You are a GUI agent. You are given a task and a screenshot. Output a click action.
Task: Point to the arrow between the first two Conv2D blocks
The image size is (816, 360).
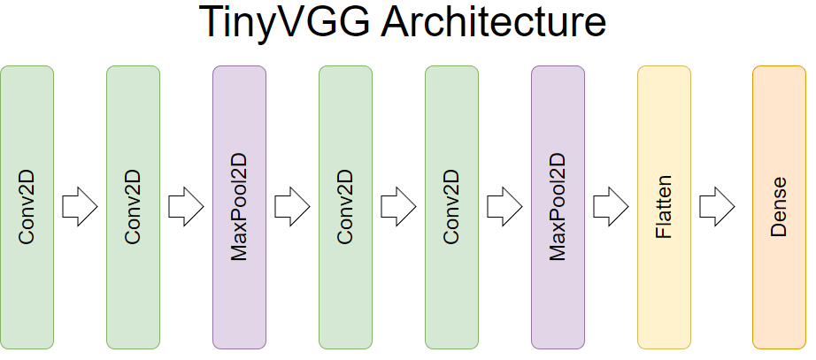coord(80,207)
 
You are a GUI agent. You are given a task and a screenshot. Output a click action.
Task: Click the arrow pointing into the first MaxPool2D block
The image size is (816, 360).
coord(186,207)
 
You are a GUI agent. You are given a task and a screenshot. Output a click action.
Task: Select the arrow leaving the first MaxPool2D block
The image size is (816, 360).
coord(292,207)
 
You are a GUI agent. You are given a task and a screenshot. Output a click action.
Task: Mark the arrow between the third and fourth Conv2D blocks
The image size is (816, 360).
coord(398,207)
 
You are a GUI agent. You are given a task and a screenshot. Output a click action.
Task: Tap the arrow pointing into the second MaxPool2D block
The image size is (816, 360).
coord(504,207)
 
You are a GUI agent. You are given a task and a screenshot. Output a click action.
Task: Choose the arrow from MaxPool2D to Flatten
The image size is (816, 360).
coord(611,207)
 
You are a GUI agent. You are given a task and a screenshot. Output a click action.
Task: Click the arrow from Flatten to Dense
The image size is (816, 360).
coord(717,207)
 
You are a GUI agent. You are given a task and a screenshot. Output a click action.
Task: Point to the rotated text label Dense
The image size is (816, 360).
coord(779,207)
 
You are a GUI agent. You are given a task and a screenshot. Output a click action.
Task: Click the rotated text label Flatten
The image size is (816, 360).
coord(664,207)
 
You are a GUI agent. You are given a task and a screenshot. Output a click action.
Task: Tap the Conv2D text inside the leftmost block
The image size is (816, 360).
coord(27,207)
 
